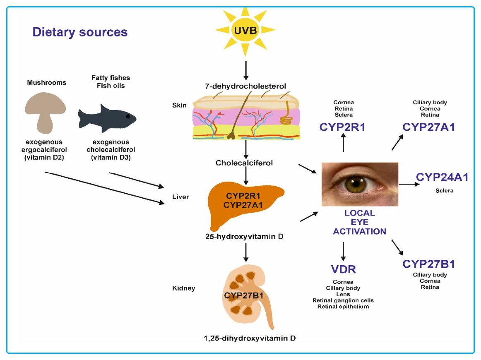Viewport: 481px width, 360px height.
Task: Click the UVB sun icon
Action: (x=245, y=31)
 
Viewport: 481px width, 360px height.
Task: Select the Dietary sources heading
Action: (x=80, y=32)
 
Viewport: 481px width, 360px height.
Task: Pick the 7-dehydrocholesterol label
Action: (x=245, y=86)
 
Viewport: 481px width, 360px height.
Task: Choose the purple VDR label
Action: (x=343, y=270)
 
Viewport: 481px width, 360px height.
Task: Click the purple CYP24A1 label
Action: (x=442, y=178)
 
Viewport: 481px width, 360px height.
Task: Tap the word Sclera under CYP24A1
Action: (x=444, y=191)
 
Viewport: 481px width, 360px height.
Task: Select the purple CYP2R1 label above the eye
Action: (x=343, y=127)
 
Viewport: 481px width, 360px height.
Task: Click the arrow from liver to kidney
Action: (x=246, y=252)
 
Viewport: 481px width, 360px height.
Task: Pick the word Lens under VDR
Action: (x=343, y=294)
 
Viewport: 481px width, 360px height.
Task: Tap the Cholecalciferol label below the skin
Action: (x=244, y=163)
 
